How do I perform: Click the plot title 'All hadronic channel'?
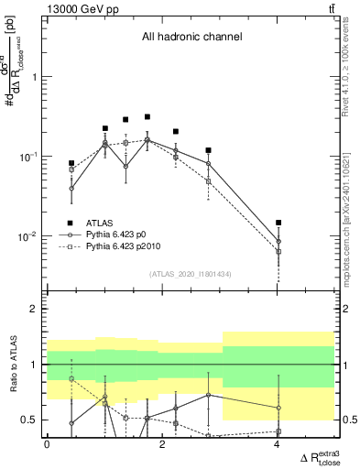[191, 38]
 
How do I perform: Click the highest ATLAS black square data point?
[147, 117]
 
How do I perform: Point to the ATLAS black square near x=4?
[278, 223]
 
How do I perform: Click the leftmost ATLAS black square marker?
[71, 163]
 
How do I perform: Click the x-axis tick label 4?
[278, 445]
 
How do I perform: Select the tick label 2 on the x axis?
[162, 445]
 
